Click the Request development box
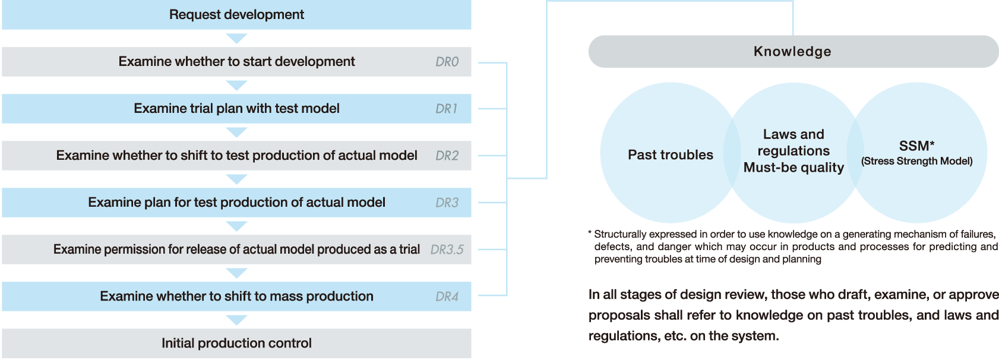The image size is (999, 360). (x=236, y=15)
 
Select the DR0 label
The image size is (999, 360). (x=447, y=62)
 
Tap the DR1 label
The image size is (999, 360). (x=446, y=109)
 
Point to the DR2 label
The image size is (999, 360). (x=447, y=156)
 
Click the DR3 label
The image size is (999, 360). (x=447, y=203)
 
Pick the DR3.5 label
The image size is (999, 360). (x=447, y=250)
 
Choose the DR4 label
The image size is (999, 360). (x=447, y=296)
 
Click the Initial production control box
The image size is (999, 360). (x=236, y=343)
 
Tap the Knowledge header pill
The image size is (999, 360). (x=792, y=52)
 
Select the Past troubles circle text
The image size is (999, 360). (x=671, y=155)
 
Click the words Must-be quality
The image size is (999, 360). (x=793, y=168)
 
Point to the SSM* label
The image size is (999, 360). (x=916, y=146)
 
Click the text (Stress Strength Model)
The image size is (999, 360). (x=916, y=161)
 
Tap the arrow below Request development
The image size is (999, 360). (x=236, y=39)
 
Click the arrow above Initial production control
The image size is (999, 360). (x=236, y=320)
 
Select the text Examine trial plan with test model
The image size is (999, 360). (x=236, y=109)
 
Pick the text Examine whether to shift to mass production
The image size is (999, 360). (x=236, y=296)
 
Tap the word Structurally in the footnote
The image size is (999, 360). (x=616, y=235)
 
